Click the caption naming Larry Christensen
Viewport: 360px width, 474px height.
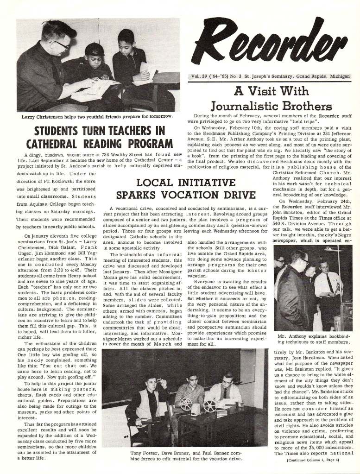(x=97, y=116)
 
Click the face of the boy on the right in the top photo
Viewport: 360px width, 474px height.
(x=126, y=41)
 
